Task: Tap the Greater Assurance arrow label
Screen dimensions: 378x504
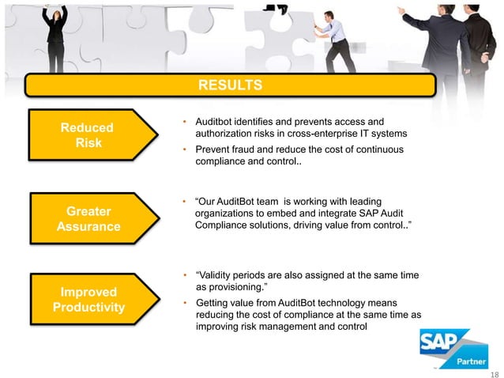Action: pos(88,219)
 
